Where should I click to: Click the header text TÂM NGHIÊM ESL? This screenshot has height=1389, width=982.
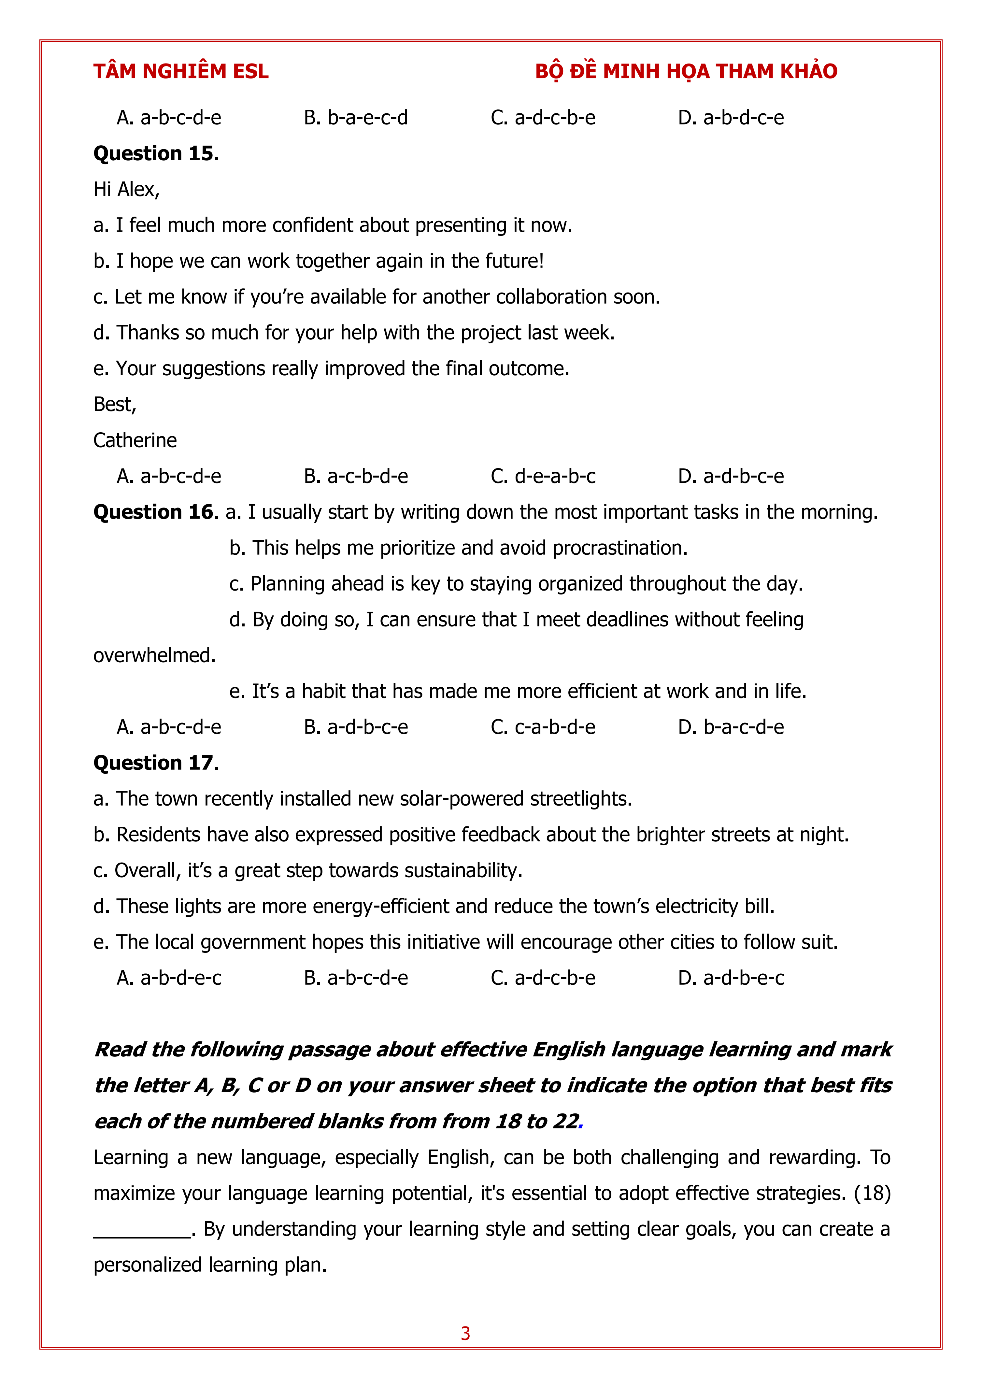pyautogui.click(x=180, y=71)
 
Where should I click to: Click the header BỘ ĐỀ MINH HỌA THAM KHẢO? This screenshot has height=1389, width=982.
pyautogui.click(x=686, y=71)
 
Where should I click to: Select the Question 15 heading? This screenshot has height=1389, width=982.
pyautogui.click(x=155, y=154)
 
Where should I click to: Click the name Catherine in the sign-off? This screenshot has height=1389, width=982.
pyautogui.click(x=135, y=440)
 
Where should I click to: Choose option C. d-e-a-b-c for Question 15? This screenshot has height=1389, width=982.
pyautogui.click(x=543, y=477)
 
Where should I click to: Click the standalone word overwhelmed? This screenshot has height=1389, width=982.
pyautogui.click(x=154, y=655)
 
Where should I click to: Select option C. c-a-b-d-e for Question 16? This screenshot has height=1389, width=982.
pyautogui.click(x=543, y=727)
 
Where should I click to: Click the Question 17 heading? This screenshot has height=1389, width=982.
pyautogui.click(x=155, y=763)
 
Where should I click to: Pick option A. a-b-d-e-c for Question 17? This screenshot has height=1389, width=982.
pyautogui.click(x=169, y=978)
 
